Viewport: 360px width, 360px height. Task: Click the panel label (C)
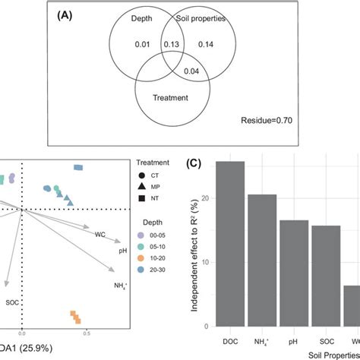[199, 161]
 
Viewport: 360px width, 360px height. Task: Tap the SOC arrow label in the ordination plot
[11, 302]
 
